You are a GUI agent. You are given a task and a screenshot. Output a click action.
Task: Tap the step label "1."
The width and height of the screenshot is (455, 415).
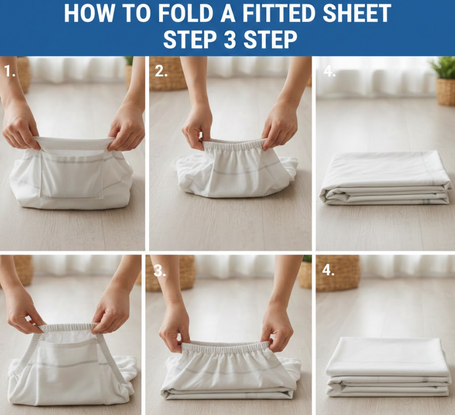(x=10, y=71)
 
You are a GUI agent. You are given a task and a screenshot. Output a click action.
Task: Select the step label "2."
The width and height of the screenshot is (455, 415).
(x=161, y=71)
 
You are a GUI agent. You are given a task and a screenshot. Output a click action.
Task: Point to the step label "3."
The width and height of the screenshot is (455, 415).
(x=159, y=270)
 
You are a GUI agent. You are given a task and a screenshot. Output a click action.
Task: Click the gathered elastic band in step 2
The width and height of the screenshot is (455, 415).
(x=235, y=145)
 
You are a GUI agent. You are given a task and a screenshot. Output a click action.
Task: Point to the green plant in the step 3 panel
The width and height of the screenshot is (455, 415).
(x=307, y=259)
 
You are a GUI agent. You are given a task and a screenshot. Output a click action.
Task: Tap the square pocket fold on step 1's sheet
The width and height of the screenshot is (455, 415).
(x=72, y=174)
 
